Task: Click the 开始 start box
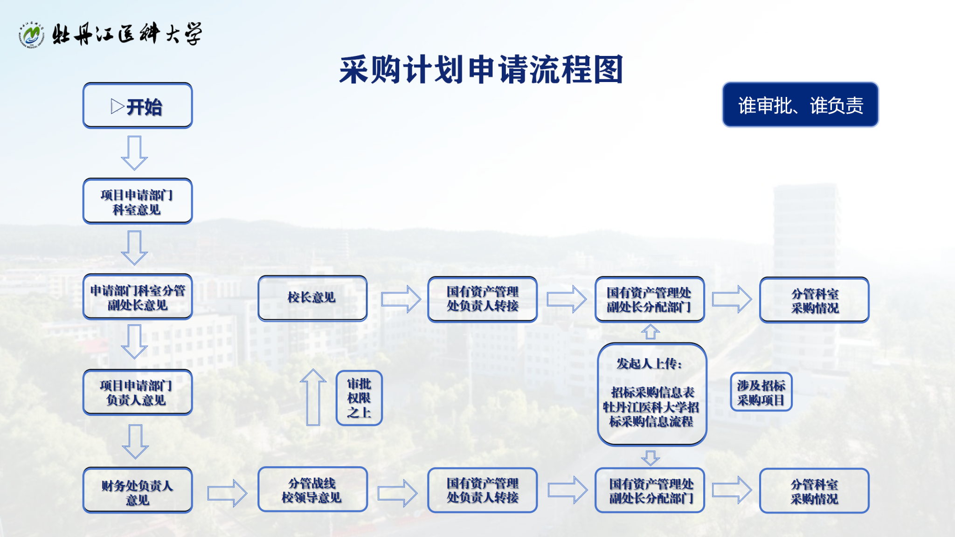pyautogui.click(x=138, y=106)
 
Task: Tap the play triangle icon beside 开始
pyautogui.click(x=117, y=106)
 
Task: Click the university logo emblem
pyautogui.click(x=31, y=35)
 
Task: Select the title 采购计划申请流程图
pyautogui.click(x=481, y=70)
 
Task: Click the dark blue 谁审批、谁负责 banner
pyautogui.click(x=800, y=105)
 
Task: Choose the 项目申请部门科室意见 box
pyautogui.click(x=138, y=201)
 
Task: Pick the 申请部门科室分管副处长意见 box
pyautogui.click(x=138, y=297)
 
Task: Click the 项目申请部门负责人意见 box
pyautogui.click(x=138, y=392)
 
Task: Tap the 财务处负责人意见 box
pyautogui.click(x=138, y=491)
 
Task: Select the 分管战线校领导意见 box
pyautogui.click(x=312, y=489)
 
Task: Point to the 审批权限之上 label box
pyautogui.click(x=359, y=398)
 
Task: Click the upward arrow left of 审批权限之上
pyautogui.click(x=313, y=397)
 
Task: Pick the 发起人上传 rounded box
pyautogui.click(x=652, y=394)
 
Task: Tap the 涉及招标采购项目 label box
pyautogui.click(x=761, y=392)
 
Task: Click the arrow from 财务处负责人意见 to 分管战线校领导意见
pyautogui.click(x=227, y=493)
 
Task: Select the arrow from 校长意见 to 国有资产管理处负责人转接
pyautogui.click(x=401, y=299)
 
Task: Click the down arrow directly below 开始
pyautogui.click(x=134, y=153)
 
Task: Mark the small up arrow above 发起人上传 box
pyautogui.click(x=651, y=332)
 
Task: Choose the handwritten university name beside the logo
pyautogui.click(x=127, y=34)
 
